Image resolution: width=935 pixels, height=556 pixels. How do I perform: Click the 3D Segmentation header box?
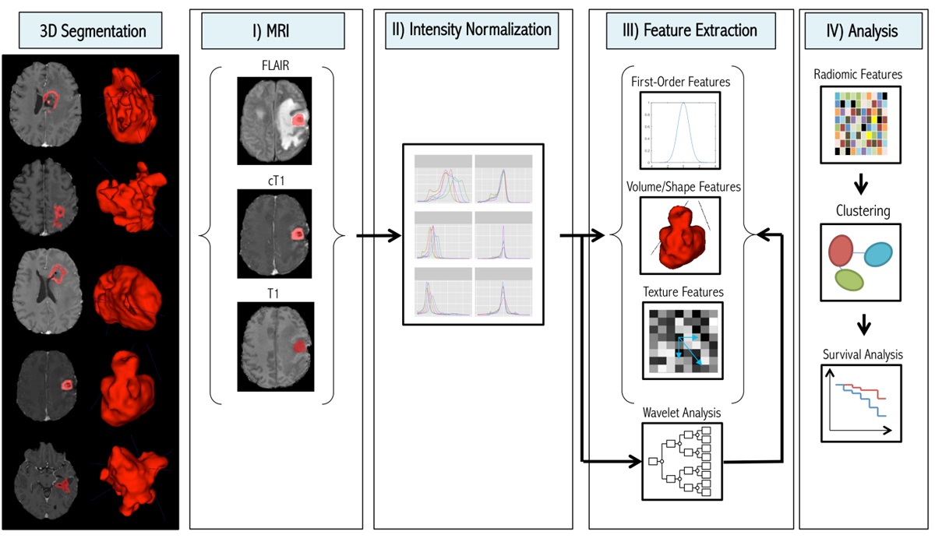(x=93, y=32)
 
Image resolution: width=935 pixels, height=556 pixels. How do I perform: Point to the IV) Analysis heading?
(x=861, y=32)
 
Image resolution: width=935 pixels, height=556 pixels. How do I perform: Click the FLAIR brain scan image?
(x=274, y=120)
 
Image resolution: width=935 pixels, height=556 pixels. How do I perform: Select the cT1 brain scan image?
(x=274, y=234)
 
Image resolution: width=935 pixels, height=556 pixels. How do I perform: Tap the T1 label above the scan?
(x=274, y=293)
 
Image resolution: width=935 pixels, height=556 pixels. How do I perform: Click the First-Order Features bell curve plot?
(x=681, y=130)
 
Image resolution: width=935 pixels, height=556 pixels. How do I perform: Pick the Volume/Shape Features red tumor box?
(x=680, y=236)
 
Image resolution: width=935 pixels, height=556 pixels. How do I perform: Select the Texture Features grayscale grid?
(x=680, y=340)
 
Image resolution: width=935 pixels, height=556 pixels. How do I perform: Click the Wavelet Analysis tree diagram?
(x=680, y=460)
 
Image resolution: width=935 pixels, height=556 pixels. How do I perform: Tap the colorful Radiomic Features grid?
(x=861, y=125)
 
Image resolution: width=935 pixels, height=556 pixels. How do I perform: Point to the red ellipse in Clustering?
(x=841, y=251)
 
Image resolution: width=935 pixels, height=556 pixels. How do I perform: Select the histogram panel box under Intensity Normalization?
(x=472, y=234)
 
